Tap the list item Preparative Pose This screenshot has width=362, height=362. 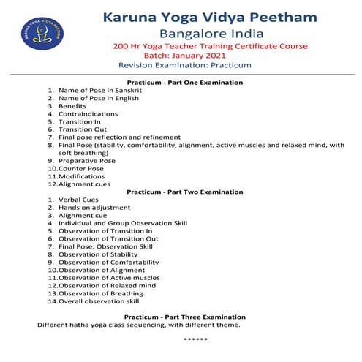tap(86, 161)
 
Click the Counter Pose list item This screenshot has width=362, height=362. tap(80, 169)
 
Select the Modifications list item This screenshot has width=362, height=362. tap(82, 176)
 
